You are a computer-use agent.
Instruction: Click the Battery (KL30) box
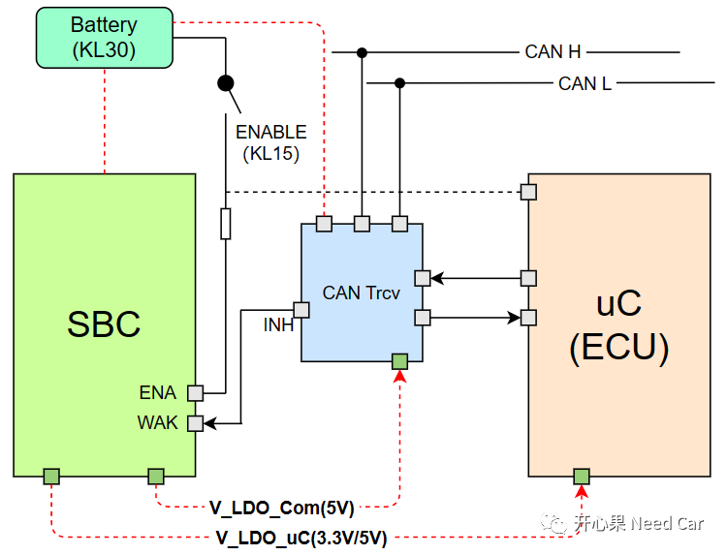click(x=104, y=37)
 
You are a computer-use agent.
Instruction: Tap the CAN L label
click(x=585, y=83)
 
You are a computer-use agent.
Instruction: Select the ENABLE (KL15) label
click(x=271, y=142)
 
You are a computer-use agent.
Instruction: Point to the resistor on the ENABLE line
click(x=226, y=224)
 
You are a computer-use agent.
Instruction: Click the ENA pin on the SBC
click(x=196, y=392)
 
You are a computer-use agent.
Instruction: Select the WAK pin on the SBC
click(x=196, y=423)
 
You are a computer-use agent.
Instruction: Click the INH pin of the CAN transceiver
click(x=301, y=310)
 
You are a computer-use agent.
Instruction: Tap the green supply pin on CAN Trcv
click(x=399, y=362)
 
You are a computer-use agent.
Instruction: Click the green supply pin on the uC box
click(x=581, y=476)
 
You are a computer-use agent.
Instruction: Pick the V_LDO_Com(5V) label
click(x=282, y=507)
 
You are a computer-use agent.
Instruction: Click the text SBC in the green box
click(x=104, y=324)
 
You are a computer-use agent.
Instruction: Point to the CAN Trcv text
click(x=362, y=293)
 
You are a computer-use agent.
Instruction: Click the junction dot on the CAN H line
click(x=362, y=52)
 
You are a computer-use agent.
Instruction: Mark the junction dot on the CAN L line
click(x=399, y=83)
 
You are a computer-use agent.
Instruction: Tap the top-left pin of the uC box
click(x=528, y=191)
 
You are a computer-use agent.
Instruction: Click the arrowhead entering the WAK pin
click(x=210, y=423)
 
